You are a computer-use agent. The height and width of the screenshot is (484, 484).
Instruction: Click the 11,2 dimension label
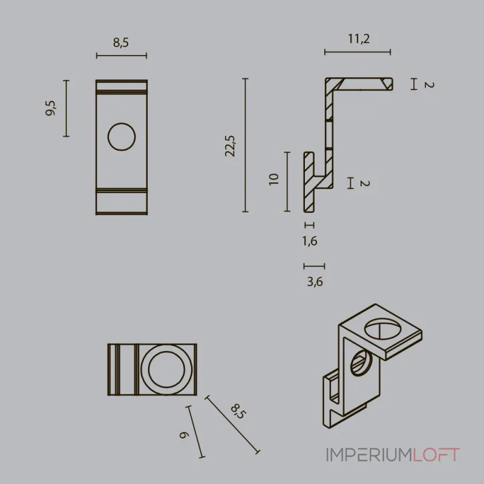pyautogui.click(x=359, y=39)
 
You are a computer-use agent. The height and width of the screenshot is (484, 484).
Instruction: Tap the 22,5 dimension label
pyautogui.click(x=230, y=146)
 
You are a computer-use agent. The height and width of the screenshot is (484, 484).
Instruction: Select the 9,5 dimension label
pyautogui.click(x=51, y=108)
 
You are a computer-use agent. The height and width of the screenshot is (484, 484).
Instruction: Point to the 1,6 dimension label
pyautogui.click(x=310, y=241)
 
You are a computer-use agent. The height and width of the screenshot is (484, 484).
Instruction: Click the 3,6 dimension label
pyautogui.click(x=315, y=281)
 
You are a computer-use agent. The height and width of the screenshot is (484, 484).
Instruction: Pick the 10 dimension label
pyautogui.click(x=274, y=179)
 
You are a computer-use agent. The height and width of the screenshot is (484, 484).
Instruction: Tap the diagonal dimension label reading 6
pyautogui.click(x=183, y=435)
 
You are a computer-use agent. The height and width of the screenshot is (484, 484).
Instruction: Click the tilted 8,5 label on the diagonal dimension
pyautogui.click(x=238, y=411)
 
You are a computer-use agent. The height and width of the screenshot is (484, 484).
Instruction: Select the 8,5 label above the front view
pyautogui.click(x=120, y=42)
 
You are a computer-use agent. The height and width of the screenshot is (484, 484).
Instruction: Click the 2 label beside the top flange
pyautogui.click(x=429, y=85)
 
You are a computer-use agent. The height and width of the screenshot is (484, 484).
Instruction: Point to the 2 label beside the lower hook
pyautogui.click(x=365, y=183)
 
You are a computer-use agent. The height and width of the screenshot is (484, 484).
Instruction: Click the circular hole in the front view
pyautogui.click(x=122, y=137)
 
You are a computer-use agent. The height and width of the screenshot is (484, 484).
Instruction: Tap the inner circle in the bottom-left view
pyautogui.click(x=166, y=369)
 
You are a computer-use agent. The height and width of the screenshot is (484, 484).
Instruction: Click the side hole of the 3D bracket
pyautogui.click(x=361, y=362)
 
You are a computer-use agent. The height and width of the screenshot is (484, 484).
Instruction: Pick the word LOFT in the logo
pyautogui.click(x=436, y=455)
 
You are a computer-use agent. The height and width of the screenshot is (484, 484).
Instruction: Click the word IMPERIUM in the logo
pyautogui.click(x=370, y=455)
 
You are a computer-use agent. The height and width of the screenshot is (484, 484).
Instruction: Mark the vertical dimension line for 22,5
pyautogui.click(x=246, y=145)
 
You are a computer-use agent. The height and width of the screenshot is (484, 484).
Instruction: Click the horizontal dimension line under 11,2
pyautogui.click(x=358, y=52)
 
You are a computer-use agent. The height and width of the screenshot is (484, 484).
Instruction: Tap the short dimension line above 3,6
pyautogui.click(x=314, y=266)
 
